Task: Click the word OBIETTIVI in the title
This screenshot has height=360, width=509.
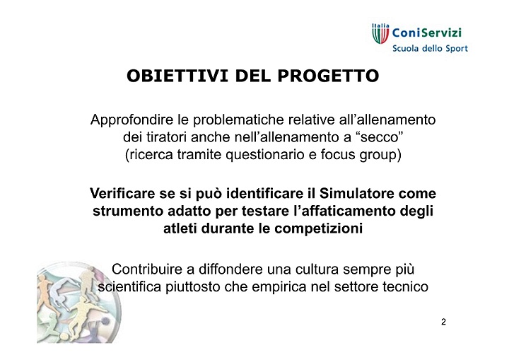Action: click(x=177, y=76)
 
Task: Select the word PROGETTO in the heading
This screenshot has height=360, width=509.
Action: click(x=328, y=76)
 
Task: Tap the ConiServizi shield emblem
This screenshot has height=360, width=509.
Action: click(x=380, y=34)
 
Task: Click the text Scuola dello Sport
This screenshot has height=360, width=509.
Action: click(x=430, y=49)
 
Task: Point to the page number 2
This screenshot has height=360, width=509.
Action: click(x=443, y=322)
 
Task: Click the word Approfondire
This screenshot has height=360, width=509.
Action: click(x=132, y=120)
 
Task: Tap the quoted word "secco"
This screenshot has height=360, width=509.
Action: click(x=379, y=137)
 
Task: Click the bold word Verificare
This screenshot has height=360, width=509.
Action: click(x=123, y=194)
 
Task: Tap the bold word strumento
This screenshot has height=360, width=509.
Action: click(x=128, y=211)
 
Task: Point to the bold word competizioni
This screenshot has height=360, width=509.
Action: click(x=318, y=228)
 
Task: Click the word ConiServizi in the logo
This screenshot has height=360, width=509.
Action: click(x=427, y=33)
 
